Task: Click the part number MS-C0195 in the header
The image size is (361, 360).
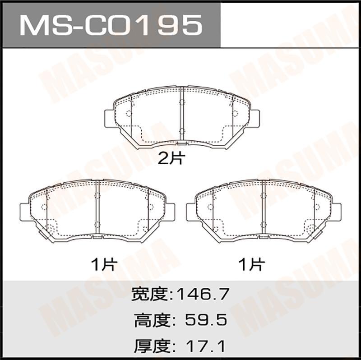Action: (111, 25)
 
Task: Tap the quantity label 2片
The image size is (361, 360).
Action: (171, 159)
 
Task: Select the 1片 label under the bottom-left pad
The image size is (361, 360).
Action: (104, 264)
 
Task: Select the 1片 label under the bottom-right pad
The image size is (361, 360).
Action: (252, 264)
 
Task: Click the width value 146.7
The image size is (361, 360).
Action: (203, 294)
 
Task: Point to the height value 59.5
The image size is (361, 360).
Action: (206, 320)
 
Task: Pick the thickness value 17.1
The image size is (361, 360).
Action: (206, 346)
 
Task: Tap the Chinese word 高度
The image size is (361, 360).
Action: (152, 320)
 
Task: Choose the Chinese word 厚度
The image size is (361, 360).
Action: (152, 346)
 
